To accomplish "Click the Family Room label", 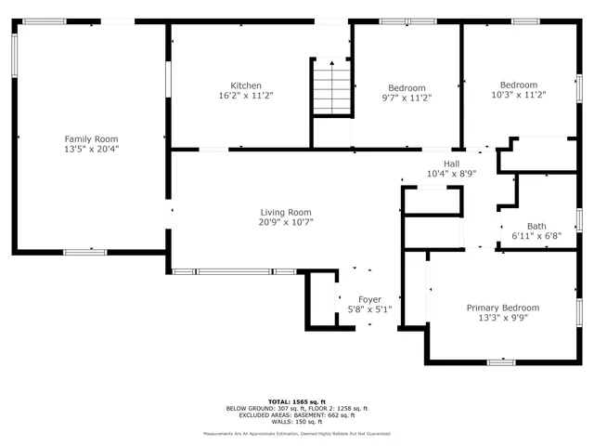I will pos(91,138).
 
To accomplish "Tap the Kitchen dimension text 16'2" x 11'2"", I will pos(246,96).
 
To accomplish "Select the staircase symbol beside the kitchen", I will pos(329,88).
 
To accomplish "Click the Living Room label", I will pos(285,212).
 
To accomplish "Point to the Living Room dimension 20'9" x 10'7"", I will pos(285,222).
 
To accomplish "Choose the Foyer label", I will pos(370,299).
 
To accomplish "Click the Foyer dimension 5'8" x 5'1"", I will pos(370,309).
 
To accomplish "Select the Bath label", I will pos(536,226).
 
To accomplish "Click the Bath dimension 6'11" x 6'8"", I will pos(536,236).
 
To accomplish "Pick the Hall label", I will pos(451,164).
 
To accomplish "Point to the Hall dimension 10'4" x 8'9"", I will pos(451,174).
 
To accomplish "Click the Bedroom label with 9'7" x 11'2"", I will pos(407,88).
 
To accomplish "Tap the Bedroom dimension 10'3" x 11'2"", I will pos(518,95).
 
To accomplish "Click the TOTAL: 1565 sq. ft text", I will pos(297,402).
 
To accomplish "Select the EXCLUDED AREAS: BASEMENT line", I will pos(297,414).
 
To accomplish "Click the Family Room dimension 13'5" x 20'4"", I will pos(91,148).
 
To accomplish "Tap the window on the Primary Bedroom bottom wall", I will pos(501,361).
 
